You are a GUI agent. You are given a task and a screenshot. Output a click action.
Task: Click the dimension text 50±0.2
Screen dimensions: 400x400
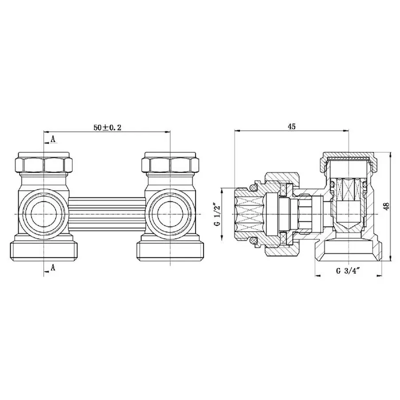point(108,127)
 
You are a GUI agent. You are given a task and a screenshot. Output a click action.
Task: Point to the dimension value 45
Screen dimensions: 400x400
point(292,126)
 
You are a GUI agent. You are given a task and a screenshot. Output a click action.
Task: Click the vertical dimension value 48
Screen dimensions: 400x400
point(386,206)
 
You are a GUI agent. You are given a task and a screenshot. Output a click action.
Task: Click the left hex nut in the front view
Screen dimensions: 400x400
point(44,165)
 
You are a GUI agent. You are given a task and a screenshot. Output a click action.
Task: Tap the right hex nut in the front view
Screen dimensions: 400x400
point(171,165)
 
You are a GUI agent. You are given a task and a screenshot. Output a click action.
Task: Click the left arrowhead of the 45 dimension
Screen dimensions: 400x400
point(236,131)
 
